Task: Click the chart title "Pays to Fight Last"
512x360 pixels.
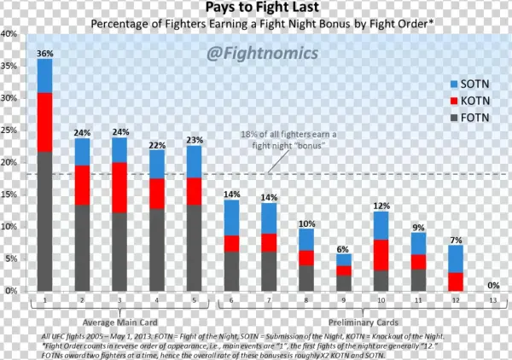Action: (x=257, y=9)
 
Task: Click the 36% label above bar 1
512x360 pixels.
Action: (x=44, y=53)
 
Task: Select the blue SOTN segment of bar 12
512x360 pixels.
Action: (x=457, y=258)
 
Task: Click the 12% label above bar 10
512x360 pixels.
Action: (x=381, y=206)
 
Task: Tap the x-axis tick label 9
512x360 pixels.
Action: (x=344, y=299)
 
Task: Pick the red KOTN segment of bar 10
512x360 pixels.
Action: (x=381, y=254)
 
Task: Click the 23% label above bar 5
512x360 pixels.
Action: (x=194, y=140)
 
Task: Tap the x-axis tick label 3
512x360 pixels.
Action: (x=119, y=299)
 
